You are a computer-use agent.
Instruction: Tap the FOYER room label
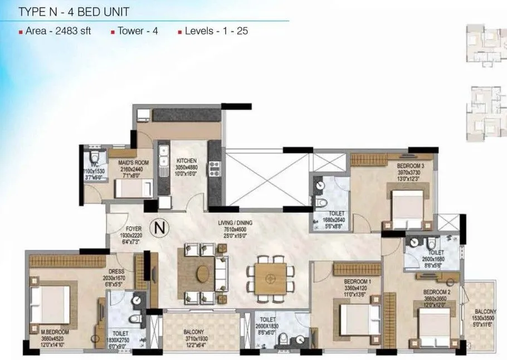click(118, 229)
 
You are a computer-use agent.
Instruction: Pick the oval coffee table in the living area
click(203, 274)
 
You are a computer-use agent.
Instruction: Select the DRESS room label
click(115, 273)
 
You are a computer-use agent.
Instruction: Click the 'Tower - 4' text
click(138, 31)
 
